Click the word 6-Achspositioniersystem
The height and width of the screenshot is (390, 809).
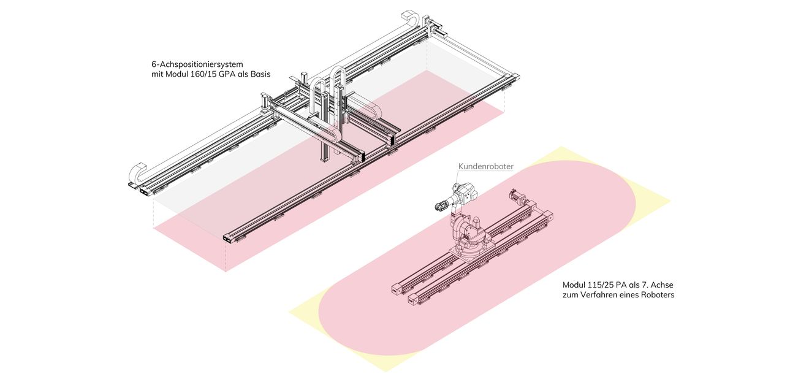point(197,64)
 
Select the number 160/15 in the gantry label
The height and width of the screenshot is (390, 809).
point(203,74)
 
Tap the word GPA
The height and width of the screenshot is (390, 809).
point(227,74)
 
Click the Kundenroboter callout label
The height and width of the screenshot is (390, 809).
point(486,167)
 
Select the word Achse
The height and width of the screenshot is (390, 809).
point(663,285)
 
